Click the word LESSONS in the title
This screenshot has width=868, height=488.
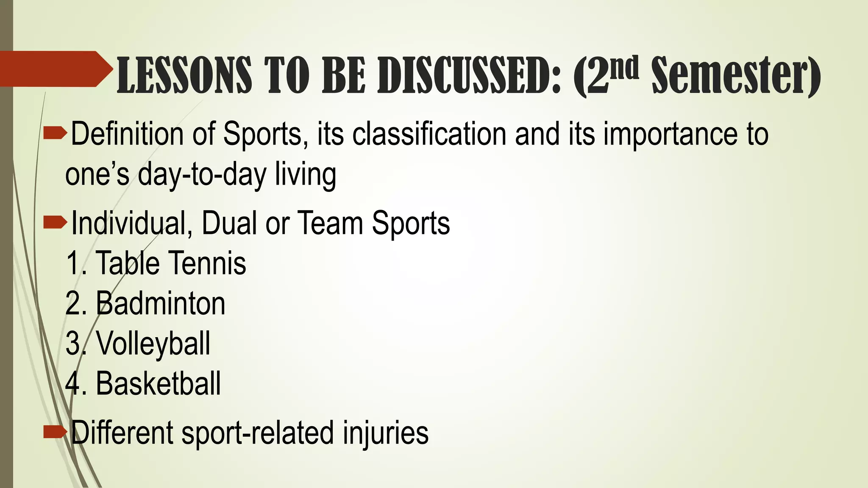(x=184, y=75)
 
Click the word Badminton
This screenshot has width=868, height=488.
(x=161, y=303)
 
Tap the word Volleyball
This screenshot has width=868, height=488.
(x=153, y=344)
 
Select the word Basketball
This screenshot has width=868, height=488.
(x=158, y=384)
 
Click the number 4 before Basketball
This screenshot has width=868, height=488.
(x=72, y=384)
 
